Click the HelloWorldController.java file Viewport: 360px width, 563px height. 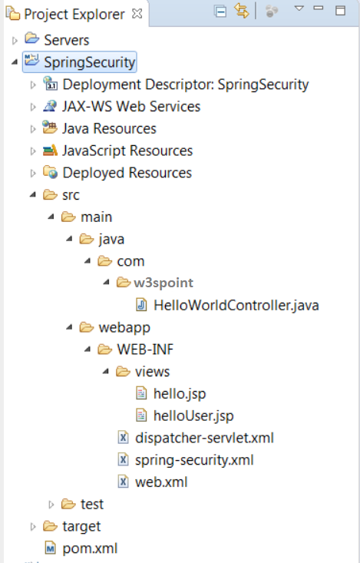(x=236, y=305)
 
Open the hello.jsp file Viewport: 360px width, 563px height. (x=180, y=393)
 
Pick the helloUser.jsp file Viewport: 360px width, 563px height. (x=193, y=416)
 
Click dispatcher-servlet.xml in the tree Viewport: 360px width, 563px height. (x=204, y=438)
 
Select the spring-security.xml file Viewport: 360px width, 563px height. (x=193, y=460)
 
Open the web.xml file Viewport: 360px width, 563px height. (x=160, y=482)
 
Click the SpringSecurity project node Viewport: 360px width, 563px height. (x=89, y=61)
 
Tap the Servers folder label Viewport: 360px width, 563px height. (x=66, y=40)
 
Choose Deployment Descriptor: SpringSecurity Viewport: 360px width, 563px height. (x=185, y=84)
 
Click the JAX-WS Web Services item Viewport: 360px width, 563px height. (x=130, y=107)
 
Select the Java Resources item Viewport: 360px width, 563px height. (x=109, y=128)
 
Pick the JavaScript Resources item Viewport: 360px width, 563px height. (x=127, y=151)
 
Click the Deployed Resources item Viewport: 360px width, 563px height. (x=127, y=173)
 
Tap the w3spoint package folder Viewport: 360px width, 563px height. (x=163, y=283)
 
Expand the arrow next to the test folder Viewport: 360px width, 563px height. (x=51, y=505)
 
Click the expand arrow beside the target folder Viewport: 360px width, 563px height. (x=33, y=527)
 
